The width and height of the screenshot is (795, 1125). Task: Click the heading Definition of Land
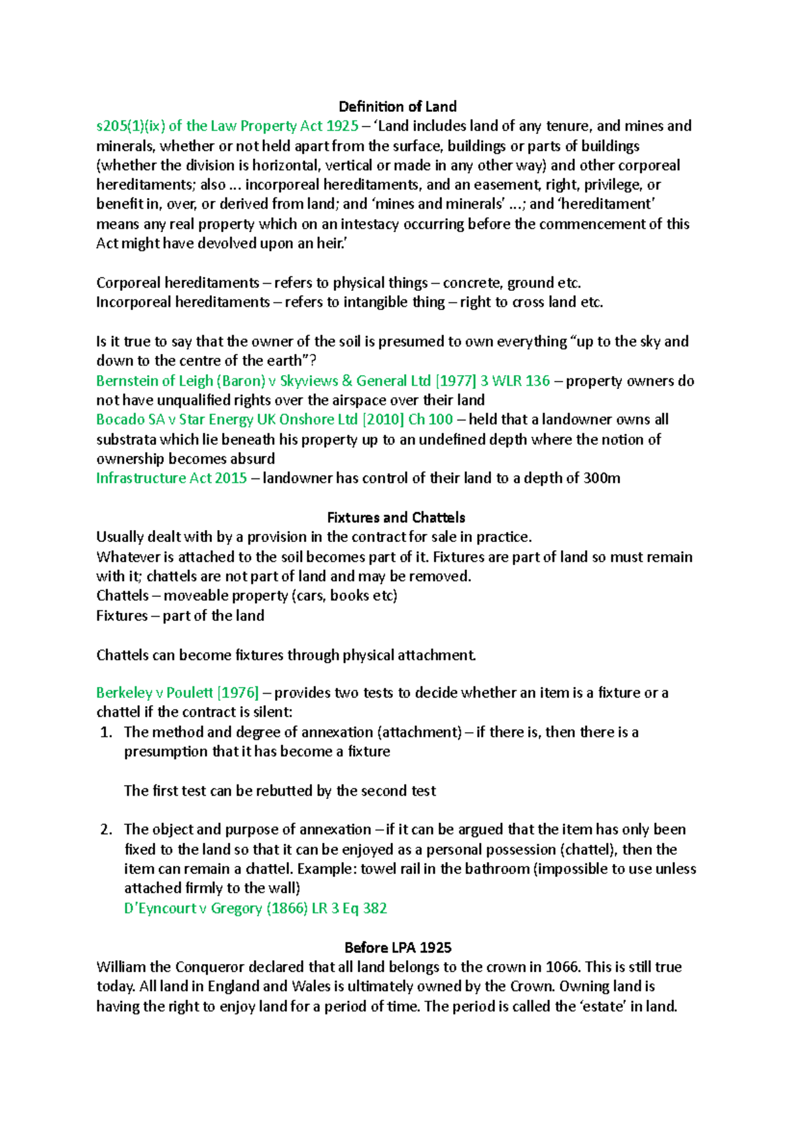[397, 107]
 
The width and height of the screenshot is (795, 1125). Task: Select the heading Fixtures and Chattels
[396, 517]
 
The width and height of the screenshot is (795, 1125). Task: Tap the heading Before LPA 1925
[397, 947]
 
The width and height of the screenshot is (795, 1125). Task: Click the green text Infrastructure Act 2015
[171, 478]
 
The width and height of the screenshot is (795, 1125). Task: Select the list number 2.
[106, 830]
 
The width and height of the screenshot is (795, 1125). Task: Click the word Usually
[121, 537]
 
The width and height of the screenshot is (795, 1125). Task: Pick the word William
[123, 967]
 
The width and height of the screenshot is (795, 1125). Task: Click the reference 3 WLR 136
[515, 381]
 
